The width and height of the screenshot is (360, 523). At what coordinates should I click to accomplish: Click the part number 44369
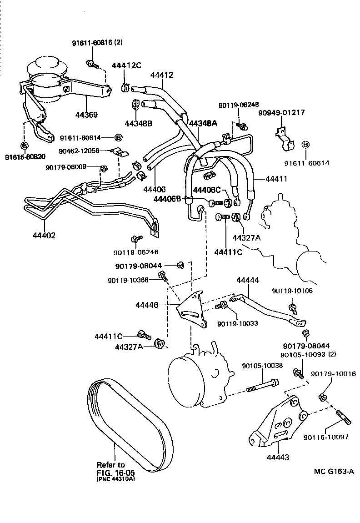click(86, 115)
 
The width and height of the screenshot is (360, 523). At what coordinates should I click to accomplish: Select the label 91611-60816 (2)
click(97, 43)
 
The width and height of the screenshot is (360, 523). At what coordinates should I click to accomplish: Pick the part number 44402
click(44, 236)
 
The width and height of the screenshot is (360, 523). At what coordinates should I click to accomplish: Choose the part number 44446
click(147, 305)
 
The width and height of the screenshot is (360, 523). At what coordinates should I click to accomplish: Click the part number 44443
click(278, 457)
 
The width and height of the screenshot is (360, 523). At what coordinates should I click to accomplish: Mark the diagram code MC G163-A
click(334, 471)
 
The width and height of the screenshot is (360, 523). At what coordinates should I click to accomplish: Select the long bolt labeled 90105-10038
click(262, 385)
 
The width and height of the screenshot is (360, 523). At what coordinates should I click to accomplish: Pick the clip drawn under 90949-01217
click(284, 138)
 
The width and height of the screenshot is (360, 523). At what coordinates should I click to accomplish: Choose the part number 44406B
click(168, 199)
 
